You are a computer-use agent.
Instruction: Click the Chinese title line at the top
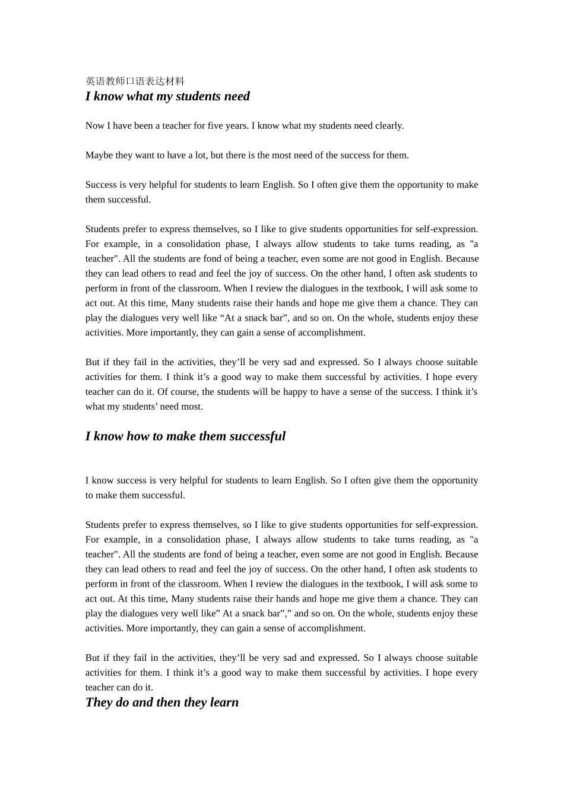point(135,81)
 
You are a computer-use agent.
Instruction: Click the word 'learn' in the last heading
point(224,702)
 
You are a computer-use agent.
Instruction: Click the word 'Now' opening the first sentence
point(94,126)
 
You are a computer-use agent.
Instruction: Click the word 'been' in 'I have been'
point(142,126)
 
